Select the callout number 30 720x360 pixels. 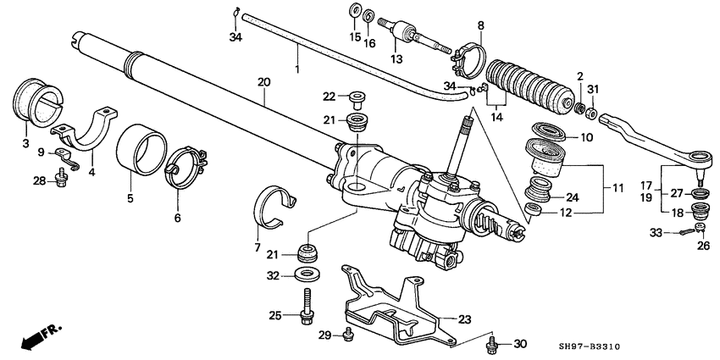pos(520,343)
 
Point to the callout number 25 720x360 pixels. pos(274,316)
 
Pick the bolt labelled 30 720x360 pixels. pos(493,343)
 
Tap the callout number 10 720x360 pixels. pos(587,137)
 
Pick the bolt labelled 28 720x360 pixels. pos(62,177)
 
